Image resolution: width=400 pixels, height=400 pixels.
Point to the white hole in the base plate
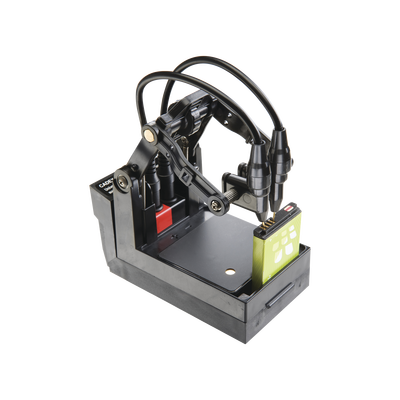(230, 271)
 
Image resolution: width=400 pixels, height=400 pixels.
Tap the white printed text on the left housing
(105, 189)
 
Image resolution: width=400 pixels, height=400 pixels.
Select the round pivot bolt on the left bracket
(122, 181)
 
